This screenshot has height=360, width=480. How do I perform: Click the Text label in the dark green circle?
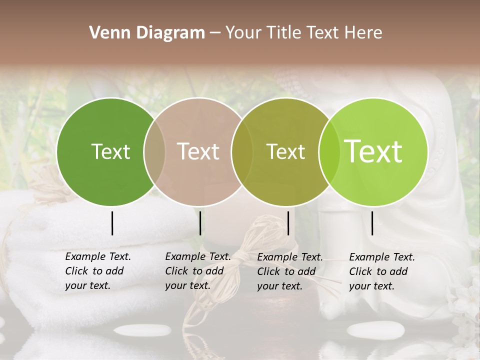point(110,151)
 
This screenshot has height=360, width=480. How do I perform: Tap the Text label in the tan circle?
point(198,151)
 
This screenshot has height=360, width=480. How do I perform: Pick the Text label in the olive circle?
point(285,151)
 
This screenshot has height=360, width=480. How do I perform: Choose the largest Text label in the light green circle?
point(373,151)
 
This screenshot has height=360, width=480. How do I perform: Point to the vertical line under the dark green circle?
point(112,223)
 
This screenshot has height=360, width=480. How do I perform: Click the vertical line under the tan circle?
point(200,223)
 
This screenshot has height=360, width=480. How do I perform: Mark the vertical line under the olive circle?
point(288,223)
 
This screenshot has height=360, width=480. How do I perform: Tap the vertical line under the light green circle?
point(372,223)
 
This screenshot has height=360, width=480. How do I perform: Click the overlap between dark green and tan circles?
point(154,151)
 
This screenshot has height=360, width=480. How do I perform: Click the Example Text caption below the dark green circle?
point(97,271)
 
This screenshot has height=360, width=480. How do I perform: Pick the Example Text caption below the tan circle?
point(197,271)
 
